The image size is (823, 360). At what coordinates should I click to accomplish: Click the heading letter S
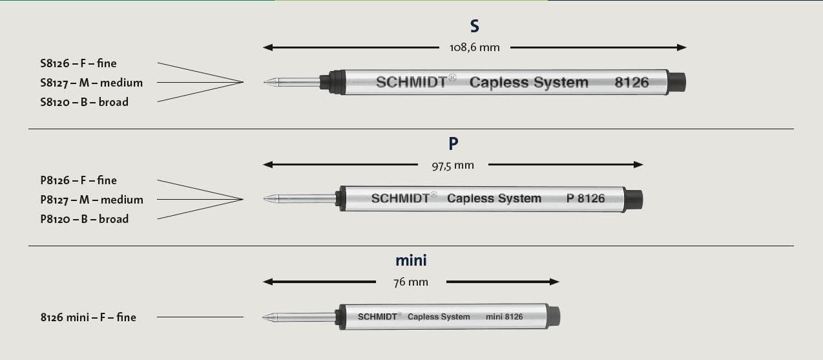[474, 26]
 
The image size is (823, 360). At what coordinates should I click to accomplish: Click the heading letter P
[453, 143]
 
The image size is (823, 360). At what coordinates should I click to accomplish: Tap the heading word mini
[411, 260]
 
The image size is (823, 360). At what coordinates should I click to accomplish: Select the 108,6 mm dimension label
[475, 47]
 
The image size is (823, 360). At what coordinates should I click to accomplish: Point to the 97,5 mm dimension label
[453, 165]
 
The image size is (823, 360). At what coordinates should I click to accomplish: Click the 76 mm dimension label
[411, 282]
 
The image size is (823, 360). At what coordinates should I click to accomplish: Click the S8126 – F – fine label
[78, 63]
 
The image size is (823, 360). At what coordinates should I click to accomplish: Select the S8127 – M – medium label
[92, 83]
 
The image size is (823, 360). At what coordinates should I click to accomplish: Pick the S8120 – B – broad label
[85, 102]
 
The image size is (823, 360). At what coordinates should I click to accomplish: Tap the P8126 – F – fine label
[78, 180]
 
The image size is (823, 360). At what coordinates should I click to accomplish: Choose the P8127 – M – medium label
[92, 200]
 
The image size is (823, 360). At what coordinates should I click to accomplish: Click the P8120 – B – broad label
[85, 219]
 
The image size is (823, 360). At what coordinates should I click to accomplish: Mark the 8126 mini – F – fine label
[88, 317]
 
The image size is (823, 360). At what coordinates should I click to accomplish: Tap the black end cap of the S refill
[676, 82]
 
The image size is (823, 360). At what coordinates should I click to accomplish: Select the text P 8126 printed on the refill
[585, 198]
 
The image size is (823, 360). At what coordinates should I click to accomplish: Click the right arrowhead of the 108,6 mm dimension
[682, 47]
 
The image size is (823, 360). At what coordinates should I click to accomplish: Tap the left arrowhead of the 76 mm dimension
[268, 282]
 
